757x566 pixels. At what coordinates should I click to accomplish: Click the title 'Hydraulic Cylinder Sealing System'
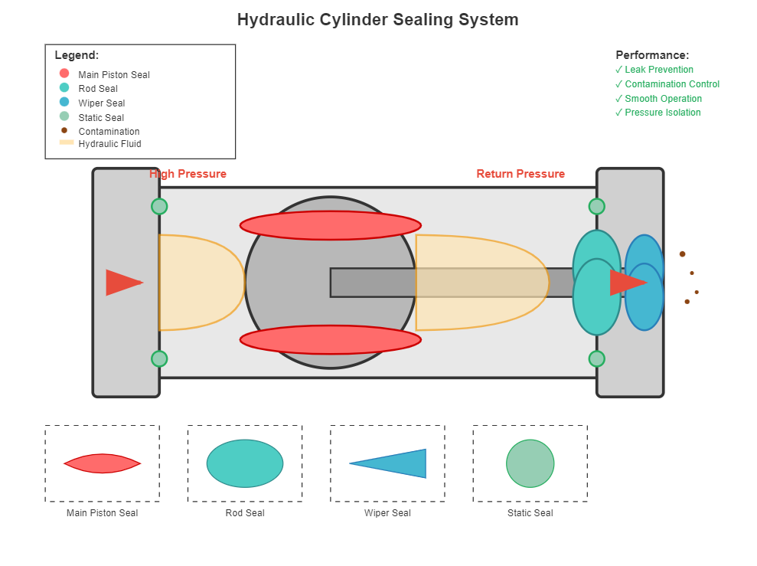click(x=377, y=20)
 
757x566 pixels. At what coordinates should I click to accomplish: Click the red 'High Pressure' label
click(x=188, y=174)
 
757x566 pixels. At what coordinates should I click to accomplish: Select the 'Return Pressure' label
click(x=520, y=174)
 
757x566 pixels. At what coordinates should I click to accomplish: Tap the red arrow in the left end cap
click(x=122, y=283)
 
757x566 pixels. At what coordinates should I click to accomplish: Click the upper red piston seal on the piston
click(x=330, y=225)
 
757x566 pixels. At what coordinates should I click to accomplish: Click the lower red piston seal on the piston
click(x=330, y=340)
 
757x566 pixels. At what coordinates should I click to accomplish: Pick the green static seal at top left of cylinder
click(x=159, y=206)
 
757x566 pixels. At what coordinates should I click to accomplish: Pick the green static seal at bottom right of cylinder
click(x=597, y=358)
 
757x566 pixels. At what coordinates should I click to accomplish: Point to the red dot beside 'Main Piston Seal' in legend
click(x=64, y=74)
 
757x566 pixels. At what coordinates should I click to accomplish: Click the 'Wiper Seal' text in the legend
click(x=102, y=103)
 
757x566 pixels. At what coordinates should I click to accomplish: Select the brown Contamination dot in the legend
click(x=64, y=130)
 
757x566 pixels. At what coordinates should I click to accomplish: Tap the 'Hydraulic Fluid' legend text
click(x=109, y=144)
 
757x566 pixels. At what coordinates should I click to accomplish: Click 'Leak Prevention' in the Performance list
click(x=659, y=70)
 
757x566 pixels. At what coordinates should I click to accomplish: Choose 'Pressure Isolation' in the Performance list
click(x=663, y=113)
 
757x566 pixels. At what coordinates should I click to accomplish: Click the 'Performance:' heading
click(x=652, y=55)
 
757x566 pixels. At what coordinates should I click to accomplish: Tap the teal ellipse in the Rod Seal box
click(x=245, y=463)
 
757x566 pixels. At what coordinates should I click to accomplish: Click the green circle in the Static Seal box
click(x=530, y=463)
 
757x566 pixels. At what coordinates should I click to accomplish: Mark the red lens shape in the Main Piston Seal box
click(x=102, y=463)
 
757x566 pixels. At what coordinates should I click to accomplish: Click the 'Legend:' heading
click(x=77, y=55)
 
